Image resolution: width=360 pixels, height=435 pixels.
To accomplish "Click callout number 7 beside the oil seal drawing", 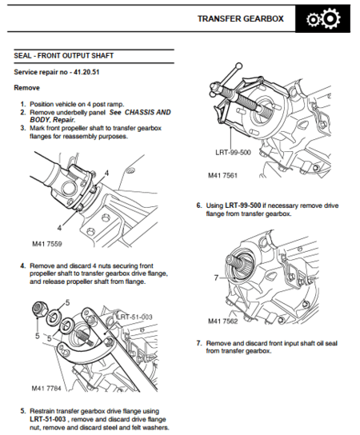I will click(215, 277).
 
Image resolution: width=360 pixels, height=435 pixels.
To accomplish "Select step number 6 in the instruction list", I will click(198, 205).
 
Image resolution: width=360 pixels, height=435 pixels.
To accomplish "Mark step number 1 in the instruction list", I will click(22, 104).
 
